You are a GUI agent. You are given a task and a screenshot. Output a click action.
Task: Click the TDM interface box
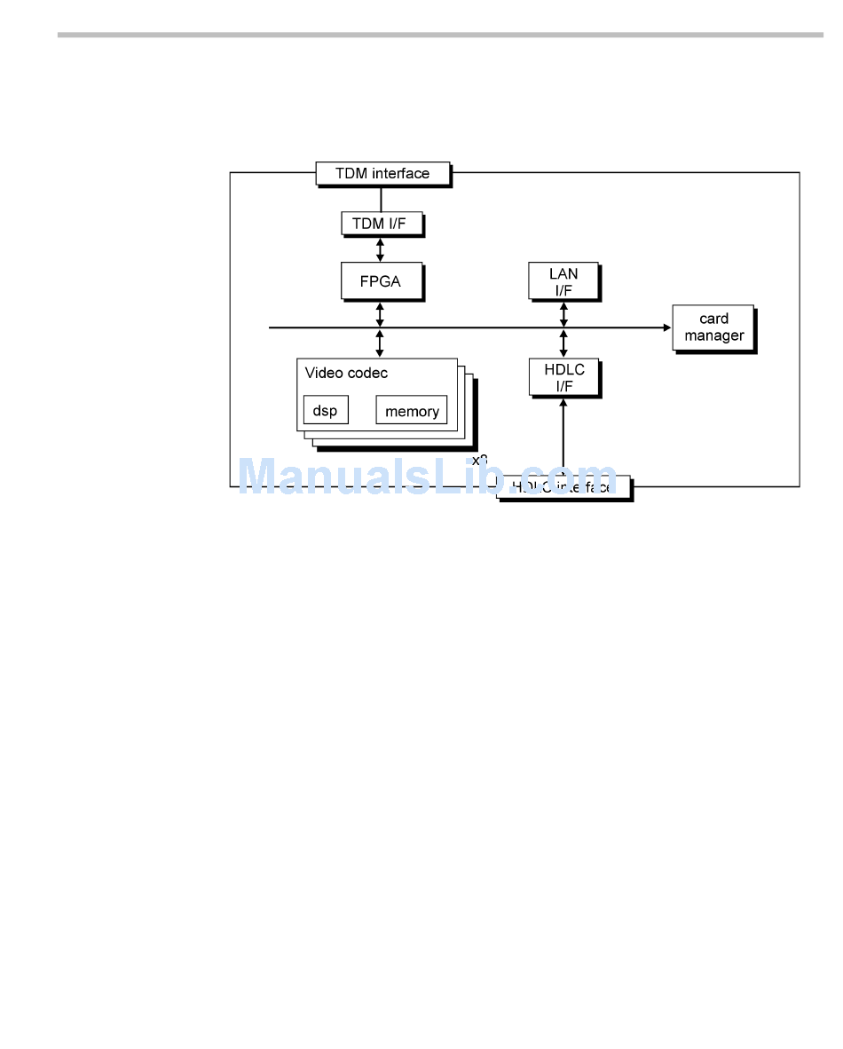(x=382, y=174)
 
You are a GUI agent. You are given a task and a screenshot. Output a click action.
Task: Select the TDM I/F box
(x=382, y=224)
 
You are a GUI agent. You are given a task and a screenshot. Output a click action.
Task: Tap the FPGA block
(x=381, y=281)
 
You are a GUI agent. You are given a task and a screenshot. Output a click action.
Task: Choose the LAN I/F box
(x=563, y=281)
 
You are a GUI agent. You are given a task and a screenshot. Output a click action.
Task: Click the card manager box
(x=713, y=328)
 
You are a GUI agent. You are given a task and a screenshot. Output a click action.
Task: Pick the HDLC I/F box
(x=563, y=377)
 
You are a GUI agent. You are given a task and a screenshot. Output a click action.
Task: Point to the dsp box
(x=326, y=411)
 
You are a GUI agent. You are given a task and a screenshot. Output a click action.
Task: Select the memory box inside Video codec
(x=412, y=411)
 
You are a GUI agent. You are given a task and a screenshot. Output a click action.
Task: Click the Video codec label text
(x=346, y=374)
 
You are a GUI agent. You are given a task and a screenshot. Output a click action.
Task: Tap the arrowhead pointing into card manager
(x=666, y=327)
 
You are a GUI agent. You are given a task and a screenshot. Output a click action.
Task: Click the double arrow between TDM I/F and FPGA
(x=381, y=249)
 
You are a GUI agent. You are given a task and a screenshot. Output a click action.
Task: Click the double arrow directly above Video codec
(x=381, y=343)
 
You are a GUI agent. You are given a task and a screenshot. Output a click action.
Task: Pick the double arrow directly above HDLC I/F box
(x=563, y=343)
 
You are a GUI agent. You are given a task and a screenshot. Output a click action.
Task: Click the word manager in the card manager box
(x=713, y=336)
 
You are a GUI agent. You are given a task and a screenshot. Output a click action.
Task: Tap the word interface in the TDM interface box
(x=400, y=174)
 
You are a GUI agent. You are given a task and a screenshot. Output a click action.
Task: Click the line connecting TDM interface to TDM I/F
(x=381, y=199)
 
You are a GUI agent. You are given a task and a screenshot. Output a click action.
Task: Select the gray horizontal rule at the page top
(x=440, y=35)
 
